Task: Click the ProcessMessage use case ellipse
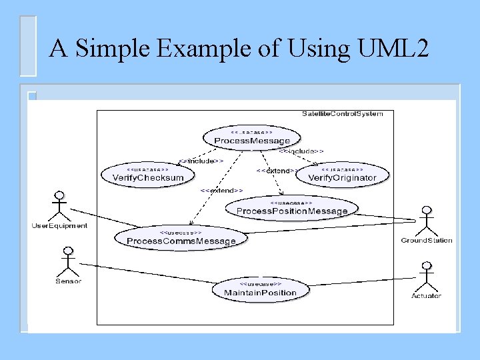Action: (x=252, y=138)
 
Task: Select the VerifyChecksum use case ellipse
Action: (x=148, y=175)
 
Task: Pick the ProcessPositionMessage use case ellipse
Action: (x=292, y=208)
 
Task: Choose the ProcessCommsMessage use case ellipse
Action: (x=181, y=237)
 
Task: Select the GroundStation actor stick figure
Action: (x=425, y=221)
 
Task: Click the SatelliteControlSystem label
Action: (x=342, y=114)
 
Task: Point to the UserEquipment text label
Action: (x=59, y=226)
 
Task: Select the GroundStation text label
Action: (x=427, y=241)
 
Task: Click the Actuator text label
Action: (x=427, y=296)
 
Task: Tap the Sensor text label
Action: (x=68, y=281)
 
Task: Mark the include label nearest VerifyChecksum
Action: (x=201, y=161)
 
